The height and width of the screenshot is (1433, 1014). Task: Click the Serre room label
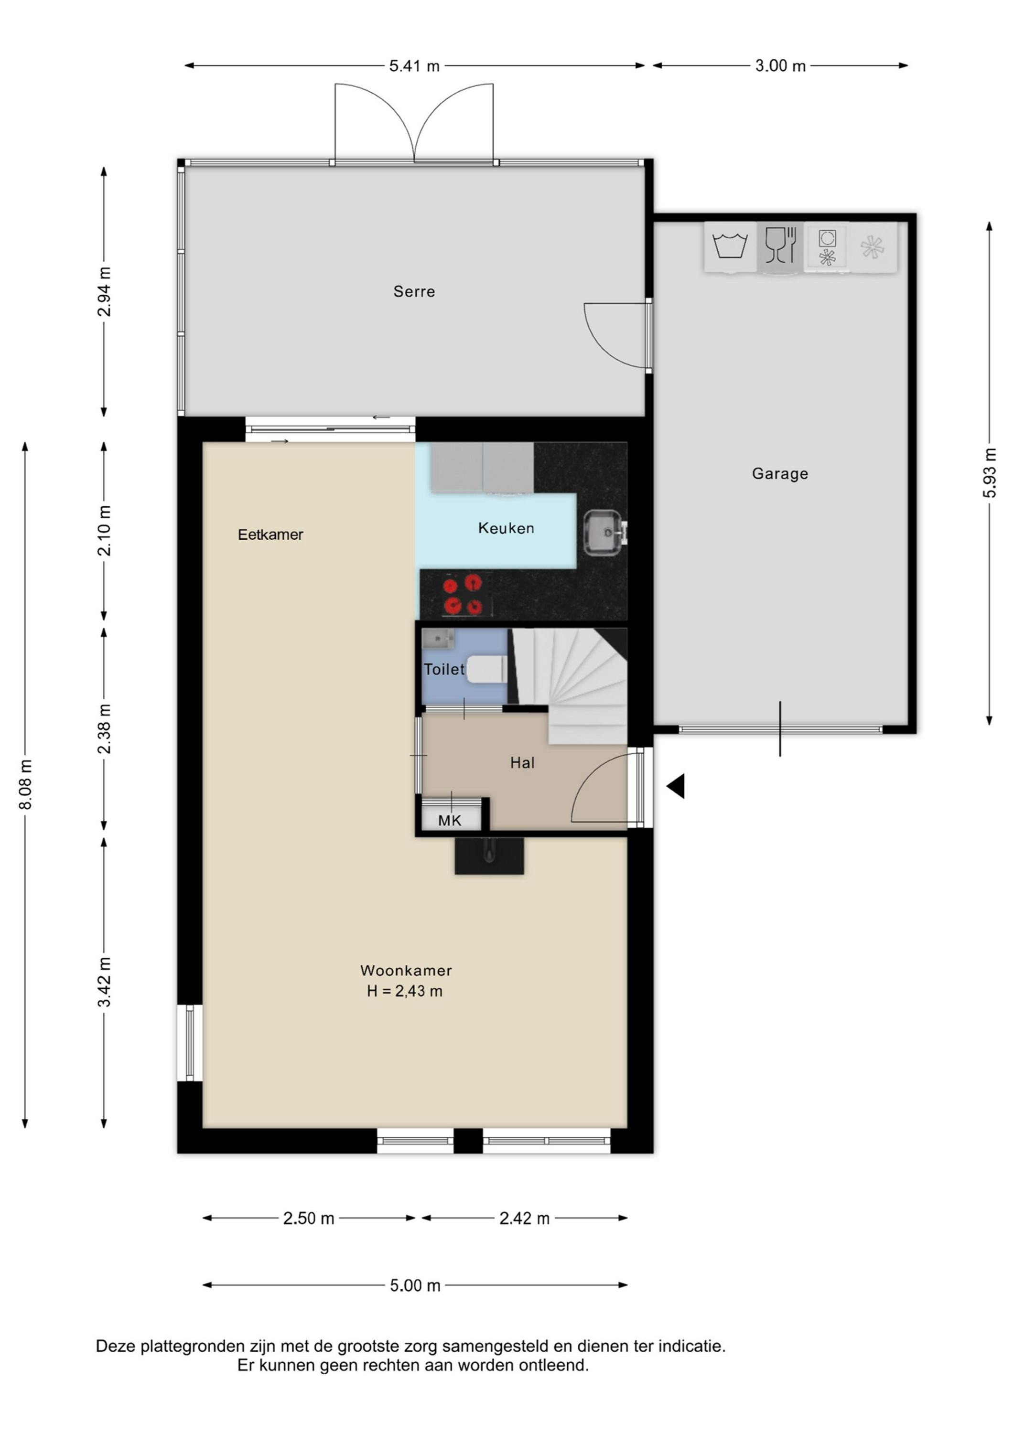pos(414,291)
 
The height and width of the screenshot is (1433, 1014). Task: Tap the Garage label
pos(780,474)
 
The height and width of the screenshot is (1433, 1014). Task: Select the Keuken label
pos(506,529)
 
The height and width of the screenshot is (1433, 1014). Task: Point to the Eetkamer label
pos(270,535)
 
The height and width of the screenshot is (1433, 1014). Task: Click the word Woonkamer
pos(406,971)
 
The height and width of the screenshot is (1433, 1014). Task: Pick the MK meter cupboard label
pos(450,820)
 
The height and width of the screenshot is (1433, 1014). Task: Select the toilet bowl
pos(487,670)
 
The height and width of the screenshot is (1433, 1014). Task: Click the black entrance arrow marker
pos(677,786)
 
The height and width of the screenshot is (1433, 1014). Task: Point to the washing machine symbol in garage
pos(730,246)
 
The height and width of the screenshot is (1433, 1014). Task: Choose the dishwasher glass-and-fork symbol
pos(780,246)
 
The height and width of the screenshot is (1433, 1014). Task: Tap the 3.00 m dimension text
pos(780,65)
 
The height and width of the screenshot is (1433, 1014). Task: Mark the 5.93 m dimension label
pos(990,472)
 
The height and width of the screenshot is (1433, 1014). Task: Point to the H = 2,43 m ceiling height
pos(405,991)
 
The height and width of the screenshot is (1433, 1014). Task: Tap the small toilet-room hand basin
pos(438,639)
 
